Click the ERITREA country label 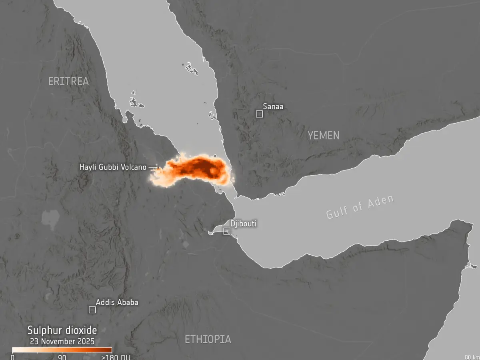click(68, 81)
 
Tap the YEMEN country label click(323, 136)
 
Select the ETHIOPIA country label click(208, 339)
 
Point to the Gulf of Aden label click(360, 206)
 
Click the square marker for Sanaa click(259, 114)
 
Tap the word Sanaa click(273, 106)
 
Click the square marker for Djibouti click(227, 231)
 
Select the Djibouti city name click(243, 224)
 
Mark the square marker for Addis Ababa click(92, 310)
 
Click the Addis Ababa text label click(116, 302)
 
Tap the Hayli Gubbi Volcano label click(113, 167)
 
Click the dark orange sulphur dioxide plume click(200, 166)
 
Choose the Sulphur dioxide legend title click(62, 330)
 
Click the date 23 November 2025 click(62, 341)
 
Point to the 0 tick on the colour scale click(13, 357)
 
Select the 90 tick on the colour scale click(62, 357)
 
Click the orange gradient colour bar click(62, 350)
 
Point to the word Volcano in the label click(133, 167)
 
